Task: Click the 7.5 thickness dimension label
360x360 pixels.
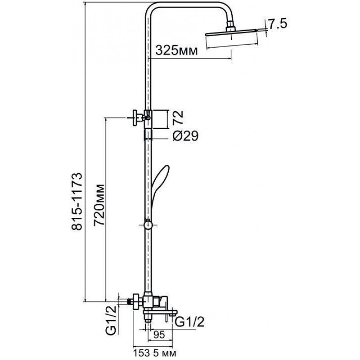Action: click(278, 24)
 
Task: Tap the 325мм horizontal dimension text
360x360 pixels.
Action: click(176, 50)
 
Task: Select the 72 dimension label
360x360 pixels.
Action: click(178, 117)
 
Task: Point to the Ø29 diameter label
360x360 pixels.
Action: click(185, 136)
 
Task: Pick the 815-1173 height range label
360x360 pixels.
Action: click(77, 201)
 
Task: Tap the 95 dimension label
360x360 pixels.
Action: click(159, 335)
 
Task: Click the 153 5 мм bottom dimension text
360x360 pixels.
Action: click(155, 353)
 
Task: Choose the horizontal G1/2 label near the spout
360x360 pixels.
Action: click(189, 322)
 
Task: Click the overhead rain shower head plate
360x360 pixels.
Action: click(231, 33)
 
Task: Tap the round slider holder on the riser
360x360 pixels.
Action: click(148, 225)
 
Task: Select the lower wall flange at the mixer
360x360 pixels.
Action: click(136, 301)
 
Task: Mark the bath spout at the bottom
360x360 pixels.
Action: click(160, 312)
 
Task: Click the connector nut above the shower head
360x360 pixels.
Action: click(230, 27)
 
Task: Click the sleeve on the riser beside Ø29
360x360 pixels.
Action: click(148, 135)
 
